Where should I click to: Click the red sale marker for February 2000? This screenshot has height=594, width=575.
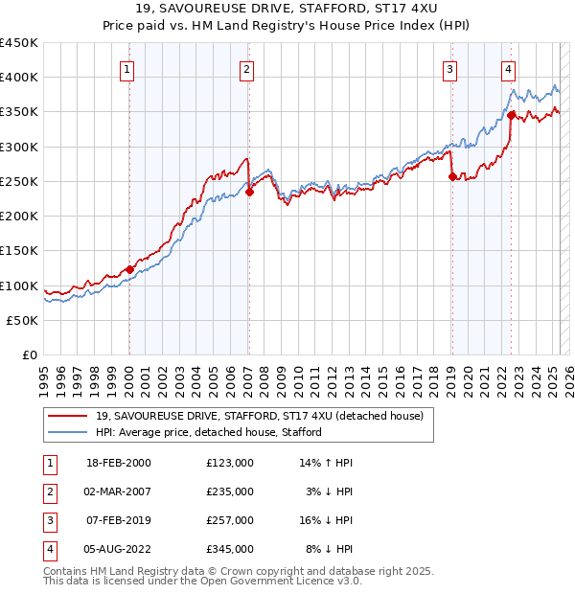129,269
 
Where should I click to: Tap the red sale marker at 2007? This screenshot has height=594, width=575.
249,192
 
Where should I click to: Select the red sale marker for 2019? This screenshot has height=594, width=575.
451,176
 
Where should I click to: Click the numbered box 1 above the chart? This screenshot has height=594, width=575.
127,68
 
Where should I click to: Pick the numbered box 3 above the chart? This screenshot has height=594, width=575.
449,68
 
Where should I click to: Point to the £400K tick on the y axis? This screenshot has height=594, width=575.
19,78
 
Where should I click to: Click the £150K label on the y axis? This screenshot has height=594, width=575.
19,251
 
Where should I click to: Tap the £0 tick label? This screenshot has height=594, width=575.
30,355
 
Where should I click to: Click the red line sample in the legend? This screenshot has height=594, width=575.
67,416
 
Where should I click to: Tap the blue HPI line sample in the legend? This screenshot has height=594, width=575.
67,432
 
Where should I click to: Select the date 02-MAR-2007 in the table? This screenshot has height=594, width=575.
119,491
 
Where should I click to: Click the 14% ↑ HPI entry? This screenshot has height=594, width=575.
327,463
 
